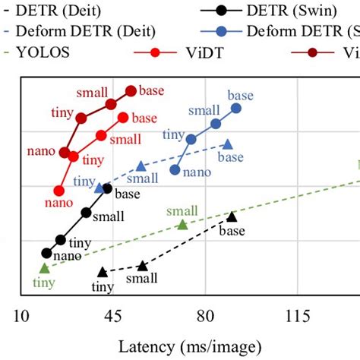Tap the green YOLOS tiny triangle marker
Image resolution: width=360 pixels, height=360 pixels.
click(x=44, y=267)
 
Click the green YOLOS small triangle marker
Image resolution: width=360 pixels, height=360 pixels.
click(x=182, y=224)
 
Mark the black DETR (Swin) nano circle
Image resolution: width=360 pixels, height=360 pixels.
click(x=47, y=254)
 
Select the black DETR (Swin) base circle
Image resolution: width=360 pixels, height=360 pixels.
click(x=107, y=188)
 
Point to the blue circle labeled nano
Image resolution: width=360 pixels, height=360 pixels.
click(x=175, y=169)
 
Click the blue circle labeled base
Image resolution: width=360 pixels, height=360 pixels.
click(x=236, y=109)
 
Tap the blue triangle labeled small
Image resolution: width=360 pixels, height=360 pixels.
click(x=141, y=166)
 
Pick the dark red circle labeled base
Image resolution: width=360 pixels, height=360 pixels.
click(x=131, y=90)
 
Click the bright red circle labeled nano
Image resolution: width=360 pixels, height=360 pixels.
click(x=58, y=190)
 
